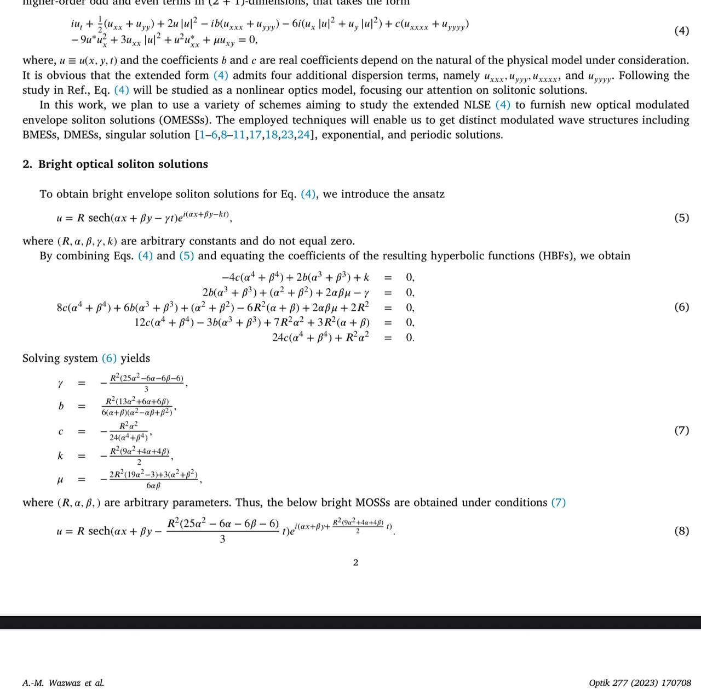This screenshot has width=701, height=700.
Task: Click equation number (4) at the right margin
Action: pos(681,31)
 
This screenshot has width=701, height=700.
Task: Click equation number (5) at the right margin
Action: pos(681,218)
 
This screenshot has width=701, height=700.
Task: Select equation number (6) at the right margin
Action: pos(681,307)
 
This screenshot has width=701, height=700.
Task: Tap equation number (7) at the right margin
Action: pos(681,430)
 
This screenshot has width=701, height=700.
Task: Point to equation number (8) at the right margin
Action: pos(681,531)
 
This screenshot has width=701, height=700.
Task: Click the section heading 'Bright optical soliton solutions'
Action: pos(123,164)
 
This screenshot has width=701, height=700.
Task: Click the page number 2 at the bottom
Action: pos(355,562)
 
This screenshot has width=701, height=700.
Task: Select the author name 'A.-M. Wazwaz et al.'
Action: pos(63,683)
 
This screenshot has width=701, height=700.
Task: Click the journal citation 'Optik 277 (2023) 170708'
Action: pos(640,683)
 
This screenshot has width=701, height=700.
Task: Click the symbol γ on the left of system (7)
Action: pos(60,383)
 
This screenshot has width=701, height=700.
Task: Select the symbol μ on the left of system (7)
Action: pos(60,480)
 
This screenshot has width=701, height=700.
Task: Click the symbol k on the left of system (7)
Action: pos(60,456)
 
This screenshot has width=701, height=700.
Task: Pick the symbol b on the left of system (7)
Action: pos(61,406)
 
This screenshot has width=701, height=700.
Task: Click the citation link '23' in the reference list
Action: pos(287,135)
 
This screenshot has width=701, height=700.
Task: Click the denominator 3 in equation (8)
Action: pos(222,539)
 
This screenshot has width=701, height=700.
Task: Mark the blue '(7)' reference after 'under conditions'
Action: pos(558,503)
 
